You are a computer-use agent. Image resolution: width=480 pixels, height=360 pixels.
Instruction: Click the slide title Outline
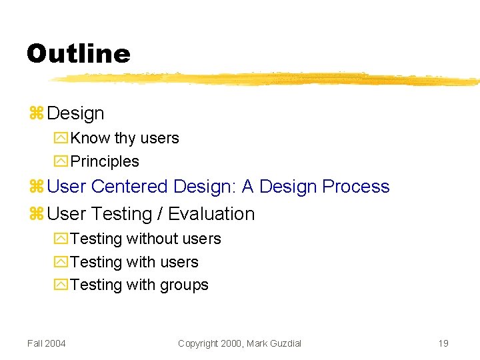pos(79,53)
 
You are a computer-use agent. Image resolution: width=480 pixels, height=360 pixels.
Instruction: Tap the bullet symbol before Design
pos(36,114)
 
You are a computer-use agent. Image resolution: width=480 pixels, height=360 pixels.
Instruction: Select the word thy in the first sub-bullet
pos(125,139)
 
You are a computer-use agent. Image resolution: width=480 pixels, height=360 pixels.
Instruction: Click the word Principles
pos(105,162)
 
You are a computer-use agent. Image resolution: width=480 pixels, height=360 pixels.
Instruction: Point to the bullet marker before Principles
pos(61,162)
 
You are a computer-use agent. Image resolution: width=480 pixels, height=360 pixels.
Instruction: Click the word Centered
pos(130,187)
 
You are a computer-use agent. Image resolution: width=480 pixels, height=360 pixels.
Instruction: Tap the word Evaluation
pos(211,214)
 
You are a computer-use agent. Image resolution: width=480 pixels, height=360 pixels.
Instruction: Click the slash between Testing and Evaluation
pos(160,214)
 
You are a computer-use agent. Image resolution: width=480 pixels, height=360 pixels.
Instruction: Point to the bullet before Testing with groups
pos(61,285)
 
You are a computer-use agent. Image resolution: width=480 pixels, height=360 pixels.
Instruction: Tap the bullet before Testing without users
pos(61,239)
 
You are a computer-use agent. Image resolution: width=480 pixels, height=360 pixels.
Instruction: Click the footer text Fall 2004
pos(47,343)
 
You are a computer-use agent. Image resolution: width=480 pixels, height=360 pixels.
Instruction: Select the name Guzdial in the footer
pos(283,343)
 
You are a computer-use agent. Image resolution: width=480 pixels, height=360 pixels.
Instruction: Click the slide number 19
pos(443,343)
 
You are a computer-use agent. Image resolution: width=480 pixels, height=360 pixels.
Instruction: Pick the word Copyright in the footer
pos(199,343)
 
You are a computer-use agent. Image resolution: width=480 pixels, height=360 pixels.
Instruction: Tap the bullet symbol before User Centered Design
pos(36,187)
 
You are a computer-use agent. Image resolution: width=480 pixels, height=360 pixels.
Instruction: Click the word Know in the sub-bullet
pos(91,139)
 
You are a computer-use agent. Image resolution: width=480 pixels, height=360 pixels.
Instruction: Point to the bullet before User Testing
pos(36,215)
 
